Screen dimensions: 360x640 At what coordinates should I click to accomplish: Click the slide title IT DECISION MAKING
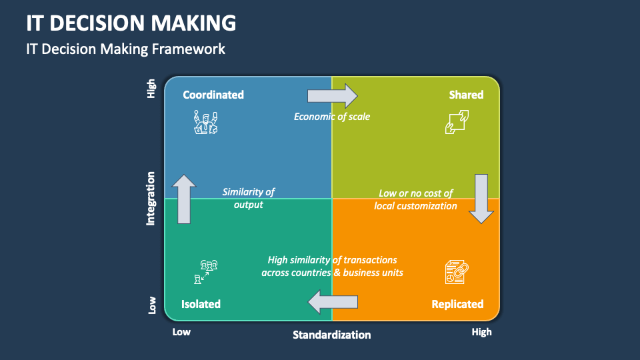pos(131,23)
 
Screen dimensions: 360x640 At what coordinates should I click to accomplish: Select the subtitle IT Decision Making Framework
pos(125,49)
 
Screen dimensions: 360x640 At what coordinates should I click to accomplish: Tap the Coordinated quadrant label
pos(213,95)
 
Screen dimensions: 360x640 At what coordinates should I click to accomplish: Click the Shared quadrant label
pos(466,95)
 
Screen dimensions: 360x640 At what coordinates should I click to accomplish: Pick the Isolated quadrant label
pos(201,304)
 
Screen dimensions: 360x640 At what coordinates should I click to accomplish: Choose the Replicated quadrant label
pos(457,304)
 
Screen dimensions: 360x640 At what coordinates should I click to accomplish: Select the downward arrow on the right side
pos(481,198)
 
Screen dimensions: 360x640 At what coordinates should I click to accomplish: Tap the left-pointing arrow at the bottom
pos(333,302)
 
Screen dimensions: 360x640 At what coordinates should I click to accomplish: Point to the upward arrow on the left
pos(184,199)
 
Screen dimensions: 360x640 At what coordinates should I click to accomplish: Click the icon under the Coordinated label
pos(205,123)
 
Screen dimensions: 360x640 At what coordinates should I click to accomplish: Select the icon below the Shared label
pos(457,122)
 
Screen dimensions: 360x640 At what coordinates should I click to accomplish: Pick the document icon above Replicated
pos(457,272)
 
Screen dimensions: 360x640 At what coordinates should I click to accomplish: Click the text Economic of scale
pos(332,117)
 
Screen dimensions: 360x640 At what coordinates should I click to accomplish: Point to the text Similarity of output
pos(249,198)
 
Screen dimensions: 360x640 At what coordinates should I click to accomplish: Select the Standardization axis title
pos(331,335)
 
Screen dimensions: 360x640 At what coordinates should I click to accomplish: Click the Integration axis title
pos(151,198)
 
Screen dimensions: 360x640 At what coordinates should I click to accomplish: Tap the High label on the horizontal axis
pos(481,332)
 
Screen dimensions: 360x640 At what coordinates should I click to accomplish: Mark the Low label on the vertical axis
pos(152,305)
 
